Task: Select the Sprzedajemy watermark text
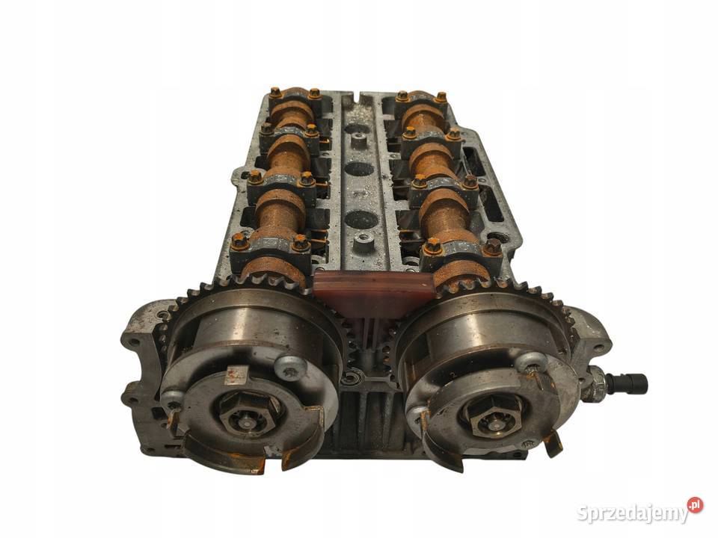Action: coord(633,513)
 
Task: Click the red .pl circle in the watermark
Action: coord(695,504)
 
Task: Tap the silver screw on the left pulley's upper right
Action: coord(291,365)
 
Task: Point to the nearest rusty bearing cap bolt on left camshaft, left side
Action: coord(239,242)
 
